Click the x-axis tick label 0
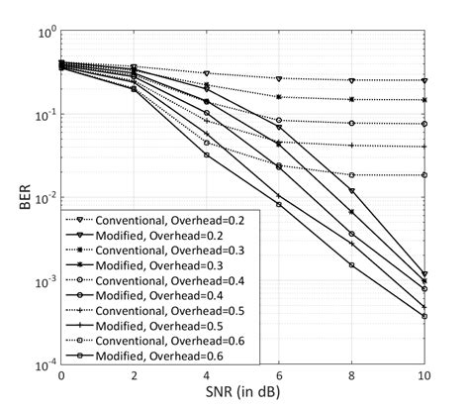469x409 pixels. pos(61,377)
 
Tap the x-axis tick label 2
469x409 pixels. pos(135,377)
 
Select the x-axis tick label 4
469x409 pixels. pos(207,377)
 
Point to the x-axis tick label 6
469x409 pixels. pos(280,377)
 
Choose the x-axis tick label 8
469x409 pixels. pos(352,377)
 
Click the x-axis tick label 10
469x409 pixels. pos(424,377)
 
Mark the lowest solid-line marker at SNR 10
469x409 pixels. pos(425,316)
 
